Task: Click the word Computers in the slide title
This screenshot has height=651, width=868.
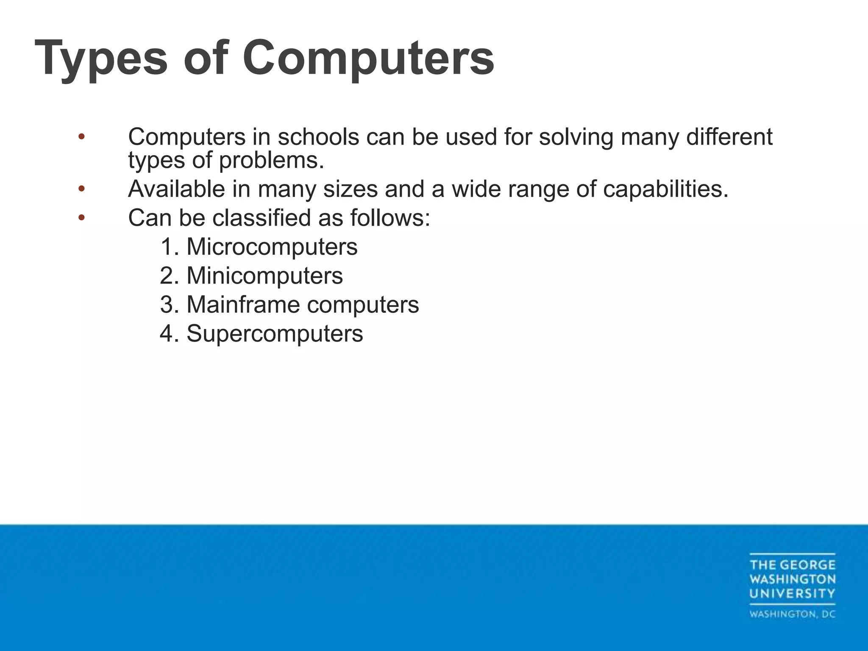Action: [x=368, y=58]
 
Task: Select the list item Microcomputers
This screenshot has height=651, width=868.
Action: [x=272, y=247]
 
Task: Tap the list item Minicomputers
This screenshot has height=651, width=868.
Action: [x=264, y=275]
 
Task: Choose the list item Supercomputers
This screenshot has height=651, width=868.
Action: [x=275, y=333]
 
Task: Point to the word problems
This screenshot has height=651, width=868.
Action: [x=271, y=160]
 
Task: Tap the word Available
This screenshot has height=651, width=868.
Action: [x=176, y=189]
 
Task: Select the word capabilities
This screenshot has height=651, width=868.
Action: [x=665, y=189]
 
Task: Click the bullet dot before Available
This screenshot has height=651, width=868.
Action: [x=81, y=189]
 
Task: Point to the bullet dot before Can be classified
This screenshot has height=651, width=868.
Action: [x=81, y=218]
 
